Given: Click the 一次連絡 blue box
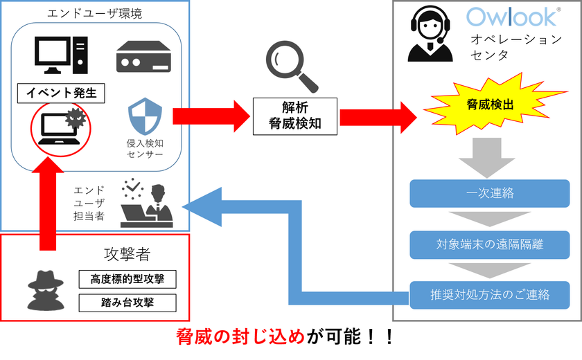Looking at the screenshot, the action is tap(490, 193).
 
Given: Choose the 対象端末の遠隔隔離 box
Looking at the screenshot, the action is tap(490, 244).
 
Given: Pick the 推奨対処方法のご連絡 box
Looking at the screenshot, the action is tap(490, 295).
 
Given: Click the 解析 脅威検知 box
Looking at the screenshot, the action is tap(295, 116).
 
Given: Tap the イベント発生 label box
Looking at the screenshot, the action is tap(61, 93).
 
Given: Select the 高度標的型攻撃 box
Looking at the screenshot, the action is tap(127, 279).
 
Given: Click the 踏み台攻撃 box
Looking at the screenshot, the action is tap(127, 303).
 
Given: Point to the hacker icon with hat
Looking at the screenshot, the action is tap(46, 290).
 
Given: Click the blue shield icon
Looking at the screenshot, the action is tap(145, 116).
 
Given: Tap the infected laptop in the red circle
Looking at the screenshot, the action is tap(61, 129).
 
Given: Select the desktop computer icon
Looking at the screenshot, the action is tap(61, 55).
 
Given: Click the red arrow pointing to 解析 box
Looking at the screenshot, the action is tap(211, 116).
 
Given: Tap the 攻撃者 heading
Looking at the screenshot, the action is tap(127, 254).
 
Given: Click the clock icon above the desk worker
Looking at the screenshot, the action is tap(132, 189).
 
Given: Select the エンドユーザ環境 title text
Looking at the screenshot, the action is tap(95, 14).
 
